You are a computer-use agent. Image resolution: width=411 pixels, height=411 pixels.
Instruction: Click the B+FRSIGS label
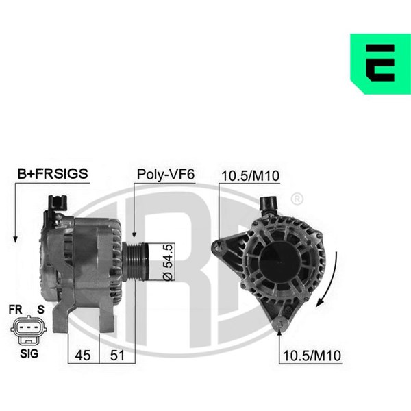pyautogui.click(x=53, y=174)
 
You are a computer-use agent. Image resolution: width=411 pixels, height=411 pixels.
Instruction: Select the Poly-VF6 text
pyautogui.click(x=166, y=174)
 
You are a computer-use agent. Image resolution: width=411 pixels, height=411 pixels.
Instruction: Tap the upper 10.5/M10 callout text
pyautogui.click(x=250, y=175)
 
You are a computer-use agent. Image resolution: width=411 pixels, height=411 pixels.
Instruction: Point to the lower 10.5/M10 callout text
pyautogui.click(x=312, y=356)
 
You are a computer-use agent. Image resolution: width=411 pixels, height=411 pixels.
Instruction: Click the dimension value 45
pyautogui.click(x=83, y=355)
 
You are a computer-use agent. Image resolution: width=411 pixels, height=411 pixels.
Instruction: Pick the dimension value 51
pyautogui.click(x=117, y=355)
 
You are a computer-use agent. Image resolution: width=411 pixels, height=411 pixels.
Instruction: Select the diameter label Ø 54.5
pyautogui.click(x=168, y=262)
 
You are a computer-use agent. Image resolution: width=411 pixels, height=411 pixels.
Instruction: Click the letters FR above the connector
pyautogui.click(x=15, y=310)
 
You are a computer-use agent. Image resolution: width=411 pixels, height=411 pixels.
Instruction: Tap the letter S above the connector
pyautogui.click(x=40, y=310)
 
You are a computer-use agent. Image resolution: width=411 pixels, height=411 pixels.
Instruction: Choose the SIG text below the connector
pyautogui.click(x=29, y=353)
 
